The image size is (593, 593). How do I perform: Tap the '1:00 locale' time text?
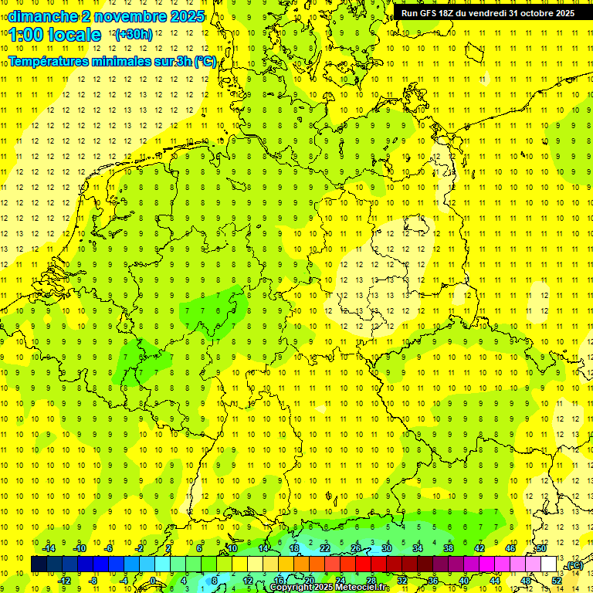pyautogui.click(x=55, y=35)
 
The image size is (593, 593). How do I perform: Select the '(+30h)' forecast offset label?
pyautogui.click(x=133, y=35)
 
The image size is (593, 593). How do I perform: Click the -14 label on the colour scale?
pyautogui.click(x=50, y=548)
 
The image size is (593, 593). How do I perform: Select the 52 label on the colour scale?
pyautogui.click(x=556, y=581)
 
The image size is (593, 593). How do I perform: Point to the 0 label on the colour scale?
pyautogui.click(x=153, y=581)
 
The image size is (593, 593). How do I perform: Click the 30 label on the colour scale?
pyautogui.click(x=387, y=548)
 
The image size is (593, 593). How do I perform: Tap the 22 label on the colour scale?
pyautogui.click(x=325, y=548)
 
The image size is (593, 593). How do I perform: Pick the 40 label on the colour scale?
pyautogui.click(x=464, y=581)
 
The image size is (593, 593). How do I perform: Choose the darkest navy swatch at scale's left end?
pyautogui.click(x=39, y=564)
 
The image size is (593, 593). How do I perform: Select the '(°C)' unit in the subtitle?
pyautogui.click(x=205, y=61)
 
